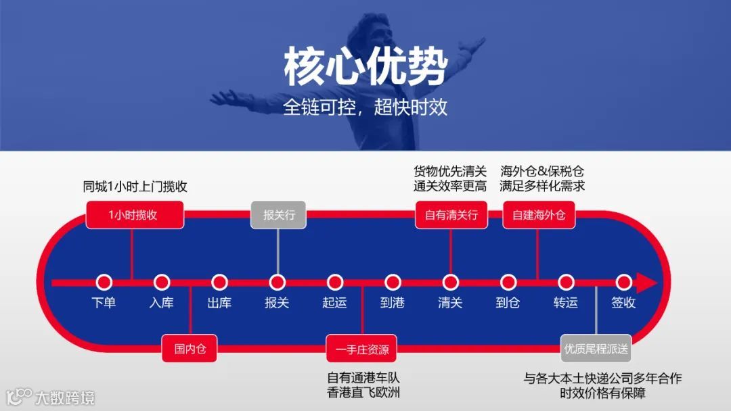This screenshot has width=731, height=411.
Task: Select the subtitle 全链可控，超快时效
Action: (x=365, y=107)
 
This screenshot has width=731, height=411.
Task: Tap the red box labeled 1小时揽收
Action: (x=135, y=216)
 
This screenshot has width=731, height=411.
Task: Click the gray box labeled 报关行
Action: (x=278, y=216)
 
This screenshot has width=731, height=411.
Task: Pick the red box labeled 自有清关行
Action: (x=451, y=216)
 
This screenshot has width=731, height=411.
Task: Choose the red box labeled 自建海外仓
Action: (x=538, y=216)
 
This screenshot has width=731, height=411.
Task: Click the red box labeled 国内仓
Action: (x=190, y=349)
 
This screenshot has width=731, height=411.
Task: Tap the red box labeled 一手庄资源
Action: (x=362, y=349)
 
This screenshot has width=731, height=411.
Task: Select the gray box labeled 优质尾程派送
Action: (x=596, y=349)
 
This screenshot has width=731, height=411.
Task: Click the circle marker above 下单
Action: (x=104, y=282)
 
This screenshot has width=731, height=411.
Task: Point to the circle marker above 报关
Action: (x=277, y=282)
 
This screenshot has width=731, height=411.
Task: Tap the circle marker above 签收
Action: (x=623, y=282)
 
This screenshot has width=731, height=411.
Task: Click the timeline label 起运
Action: (x=334, y=303)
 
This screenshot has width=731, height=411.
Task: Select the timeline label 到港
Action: (x=393, y=303)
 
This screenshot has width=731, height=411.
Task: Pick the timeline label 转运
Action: (x=566, y=303)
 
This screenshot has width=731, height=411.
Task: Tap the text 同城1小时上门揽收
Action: (x=135, y=187)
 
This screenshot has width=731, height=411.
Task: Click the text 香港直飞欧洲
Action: (x=363, y=392)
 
